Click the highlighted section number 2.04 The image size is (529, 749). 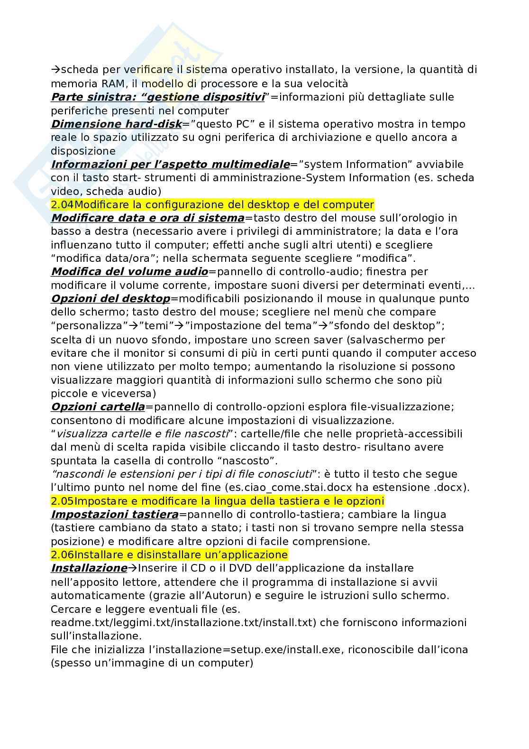pos(62,205)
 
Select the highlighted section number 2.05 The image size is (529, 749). pos(62,501)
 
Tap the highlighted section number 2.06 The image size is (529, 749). pos(62,555)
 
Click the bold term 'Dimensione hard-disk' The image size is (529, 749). pos(116,124)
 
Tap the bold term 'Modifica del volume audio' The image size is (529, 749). pos(129,272)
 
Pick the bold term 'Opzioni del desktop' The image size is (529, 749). pos(110,299)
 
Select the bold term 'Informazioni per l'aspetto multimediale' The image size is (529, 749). pos(170,165)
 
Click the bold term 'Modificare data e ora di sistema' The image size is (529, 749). pos(147,218)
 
